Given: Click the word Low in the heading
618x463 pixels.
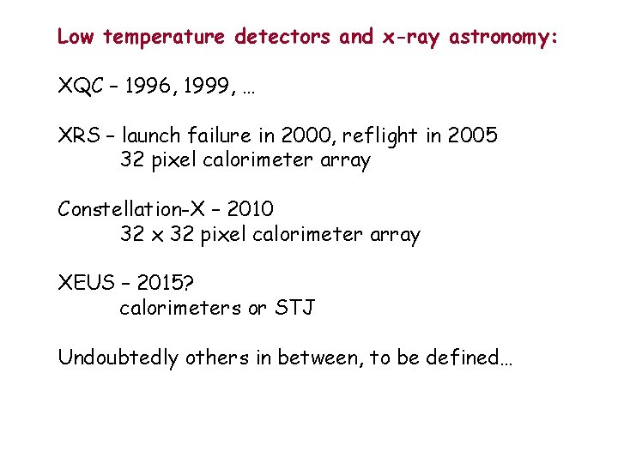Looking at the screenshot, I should pyautogui.click(x=76, y=37).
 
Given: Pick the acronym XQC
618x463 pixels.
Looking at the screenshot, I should pyautogui.click(x=81, y=86).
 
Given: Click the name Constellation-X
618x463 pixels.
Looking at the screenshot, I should pyautogui.click(x=130, y=209).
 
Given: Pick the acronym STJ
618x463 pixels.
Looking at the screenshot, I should pyautogui.click(x=294, y=308).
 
